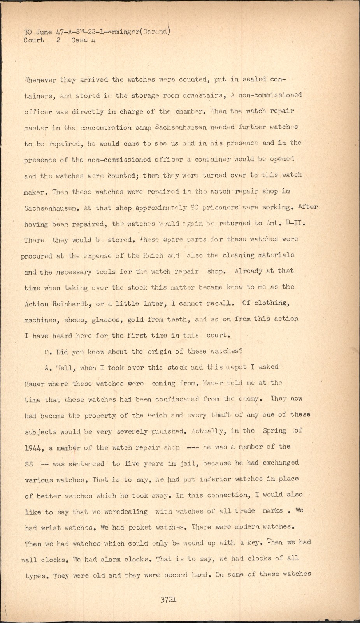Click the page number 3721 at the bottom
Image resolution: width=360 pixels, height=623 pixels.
[169, 599]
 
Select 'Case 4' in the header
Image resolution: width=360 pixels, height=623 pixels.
[83, 40]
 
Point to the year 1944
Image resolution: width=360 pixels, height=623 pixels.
[34, 448]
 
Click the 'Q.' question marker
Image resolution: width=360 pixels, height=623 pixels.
[47, 352]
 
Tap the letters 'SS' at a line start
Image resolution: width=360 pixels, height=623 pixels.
[29, 464]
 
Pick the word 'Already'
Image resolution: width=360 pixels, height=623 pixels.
[248, 271]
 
